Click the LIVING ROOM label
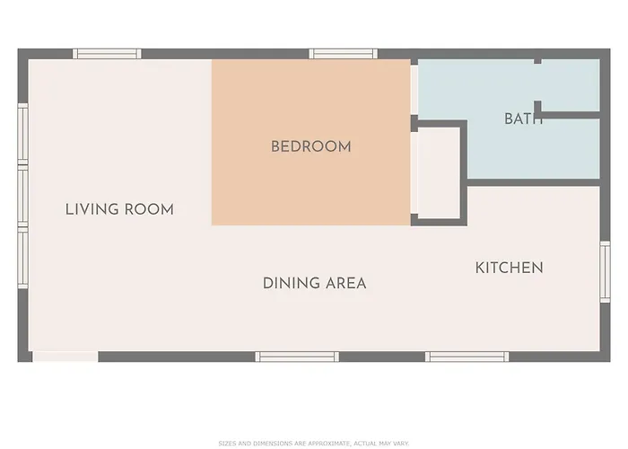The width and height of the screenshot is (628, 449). [119, 209]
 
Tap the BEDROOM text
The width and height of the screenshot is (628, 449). [310, 146]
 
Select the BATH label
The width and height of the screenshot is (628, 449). [523, 119]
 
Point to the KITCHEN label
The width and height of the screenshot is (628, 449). [509, 268]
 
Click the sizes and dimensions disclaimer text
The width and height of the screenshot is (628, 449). [313, 443]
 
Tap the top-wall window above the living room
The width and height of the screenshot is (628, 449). [107, 54]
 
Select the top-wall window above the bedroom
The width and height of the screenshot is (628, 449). [337, 54]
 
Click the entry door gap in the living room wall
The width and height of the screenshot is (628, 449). [65, 357]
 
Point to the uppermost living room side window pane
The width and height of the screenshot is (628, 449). [22, 133]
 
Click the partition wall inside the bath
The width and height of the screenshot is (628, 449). [568, 115]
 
